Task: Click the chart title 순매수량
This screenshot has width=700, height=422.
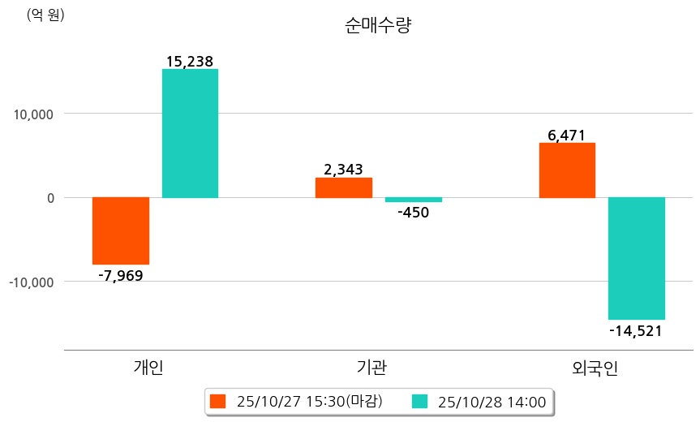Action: pyautogui.click(x=379, y=26)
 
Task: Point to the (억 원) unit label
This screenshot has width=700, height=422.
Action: pyautogui.click(x=45, y=15)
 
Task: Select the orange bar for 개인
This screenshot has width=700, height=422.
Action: pyautogui.click(x=121, y=230)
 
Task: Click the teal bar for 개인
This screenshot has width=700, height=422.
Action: pyautogui.click(x=190, y=133)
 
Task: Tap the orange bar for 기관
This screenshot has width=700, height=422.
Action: pyautogui.click(x=344, y=187)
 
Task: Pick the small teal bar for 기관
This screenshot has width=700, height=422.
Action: pyautogui.click(x=414, y=200)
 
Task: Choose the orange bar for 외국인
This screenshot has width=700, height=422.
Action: pyautogui.click(x=567, y=170)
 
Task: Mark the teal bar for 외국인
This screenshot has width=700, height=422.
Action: pyautogui.click(x=637, y=258)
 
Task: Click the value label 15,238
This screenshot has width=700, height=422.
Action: pyautogui.click(x=189, y=61)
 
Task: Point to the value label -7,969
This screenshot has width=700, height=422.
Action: pyautogui.click(x=120, y=275)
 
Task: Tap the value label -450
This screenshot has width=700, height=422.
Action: pyautogui.click(x=413, y=213)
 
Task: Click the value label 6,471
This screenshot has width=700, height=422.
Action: pyautogui.click(x=566, y=135)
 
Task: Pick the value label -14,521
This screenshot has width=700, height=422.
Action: pyautogui.click(x=636, y=330)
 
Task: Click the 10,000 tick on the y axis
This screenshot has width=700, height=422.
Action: pyautogui.click(x=33, y=114)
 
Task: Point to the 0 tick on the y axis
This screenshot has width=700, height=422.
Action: pyautogui.click(x=49, y=198)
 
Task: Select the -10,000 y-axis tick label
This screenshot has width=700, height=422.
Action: pyautogui.click(x=31, y=282)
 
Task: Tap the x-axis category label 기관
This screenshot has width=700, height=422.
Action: pyautogui.click(x=371, y=368)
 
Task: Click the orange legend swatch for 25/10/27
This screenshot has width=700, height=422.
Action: pyautogui.click(x=217, y=401)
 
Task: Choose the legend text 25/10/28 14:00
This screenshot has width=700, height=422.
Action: pyautogui.click(x=491, y=401)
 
